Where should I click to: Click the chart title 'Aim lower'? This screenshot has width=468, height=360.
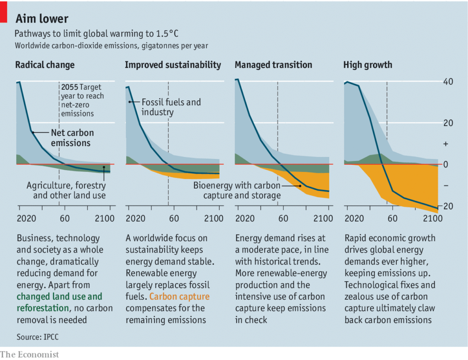click(x=42, y=19)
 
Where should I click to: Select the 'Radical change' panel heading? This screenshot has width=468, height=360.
click(x=45, y=65)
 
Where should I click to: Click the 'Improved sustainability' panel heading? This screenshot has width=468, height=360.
click(x=173, y=65)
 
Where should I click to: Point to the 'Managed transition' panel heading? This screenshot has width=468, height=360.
click(x=273, y=65)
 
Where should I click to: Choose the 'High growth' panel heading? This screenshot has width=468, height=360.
click(x=367, y=65)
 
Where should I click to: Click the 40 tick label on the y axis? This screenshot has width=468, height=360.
click(x=448, y=82)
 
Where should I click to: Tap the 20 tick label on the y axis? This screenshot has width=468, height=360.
click(x=448, y=123)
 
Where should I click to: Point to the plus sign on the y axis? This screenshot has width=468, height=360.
click(x=446, y=144)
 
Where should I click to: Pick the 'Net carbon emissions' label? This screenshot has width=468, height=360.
click(x=72, y=138)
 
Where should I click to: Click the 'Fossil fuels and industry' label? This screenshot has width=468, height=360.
click(x=171, y=107)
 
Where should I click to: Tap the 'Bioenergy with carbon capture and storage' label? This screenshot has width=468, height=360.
click(x=237, y=190)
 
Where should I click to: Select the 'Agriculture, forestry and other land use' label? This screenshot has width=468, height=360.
click(x=66, y=190)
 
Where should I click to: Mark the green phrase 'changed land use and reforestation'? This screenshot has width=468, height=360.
click(x=59, y=302)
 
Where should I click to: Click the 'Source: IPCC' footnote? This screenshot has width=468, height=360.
click(x=37, y=337)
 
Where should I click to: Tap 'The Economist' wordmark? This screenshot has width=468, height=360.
click(x=30, y=354)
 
